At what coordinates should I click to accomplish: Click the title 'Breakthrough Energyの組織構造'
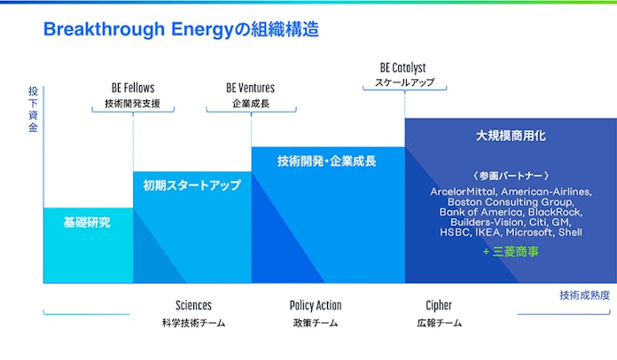tap(181, 29)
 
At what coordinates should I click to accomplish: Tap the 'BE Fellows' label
tap(133, 88)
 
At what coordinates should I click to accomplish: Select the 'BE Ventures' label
tap(250, 88)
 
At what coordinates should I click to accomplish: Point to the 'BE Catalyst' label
tap(403, 67)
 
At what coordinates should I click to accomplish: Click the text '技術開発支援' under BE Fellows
tap(133, 104)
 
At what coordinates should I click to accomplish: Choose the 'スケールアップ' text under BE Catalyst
tap(404, 82)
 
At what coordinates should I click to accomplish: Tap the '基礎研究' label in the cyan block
tap(87, 223)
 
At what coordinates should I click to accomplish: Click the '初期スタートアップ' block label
tap(192, 185)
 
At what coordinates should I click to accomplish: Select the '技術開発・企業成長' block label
tap(326, 160)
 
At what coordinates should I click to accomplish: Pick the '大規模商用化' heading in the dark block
tap(511, 136)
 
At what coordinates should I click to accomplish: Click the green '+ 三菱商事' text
tap(511, 252)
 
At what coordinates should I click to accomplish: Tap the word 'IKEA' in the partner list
tap(488, 232)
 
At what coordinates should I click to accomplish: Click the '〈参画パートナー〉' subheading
tap(511, 176)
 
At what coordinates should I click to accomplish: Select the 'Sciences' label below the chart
tap(193, 305)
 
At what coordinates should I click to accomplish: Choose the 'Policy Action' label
tap(316, 305)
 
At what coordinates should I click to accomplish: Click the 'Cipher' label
tap(439, 305)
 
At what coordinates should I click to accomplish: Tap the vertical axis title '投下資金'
tap(33, 109)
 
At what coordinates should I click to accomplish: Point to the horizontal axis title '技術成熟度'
tap(585, 295)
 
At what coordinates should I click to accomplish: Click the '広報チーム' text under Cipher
tap(439, 323)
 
